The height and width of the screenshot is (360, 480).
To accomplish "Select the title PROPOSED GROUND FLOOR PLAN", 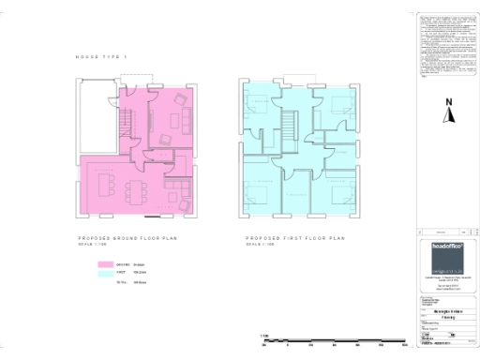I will (127, 239).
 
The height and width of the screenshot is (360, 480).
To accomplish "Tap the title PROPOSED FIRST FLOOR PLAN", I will (295, 239).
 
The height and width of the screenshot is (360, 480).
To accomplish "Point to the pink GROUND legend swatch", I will (105, 264).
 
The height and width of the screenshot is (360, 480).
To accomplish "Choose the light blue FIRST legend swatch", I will (105, 273).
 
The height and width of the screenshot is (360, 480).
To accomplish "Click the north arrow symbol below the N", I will (449, 116).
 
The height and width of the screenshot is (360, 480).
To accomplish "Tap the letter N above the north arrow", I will (449, 102).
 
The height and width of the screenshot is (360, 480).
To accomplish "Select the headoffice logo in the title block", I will (442, 253).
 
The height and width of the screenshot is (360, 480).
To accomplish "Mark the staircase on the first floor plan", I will (288, 127).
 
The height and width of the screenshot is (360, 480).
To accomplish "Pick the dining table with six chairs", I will (137, 190).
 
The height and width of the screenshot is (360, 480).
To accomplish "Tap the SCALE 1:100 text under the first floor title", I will (259, 246).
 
